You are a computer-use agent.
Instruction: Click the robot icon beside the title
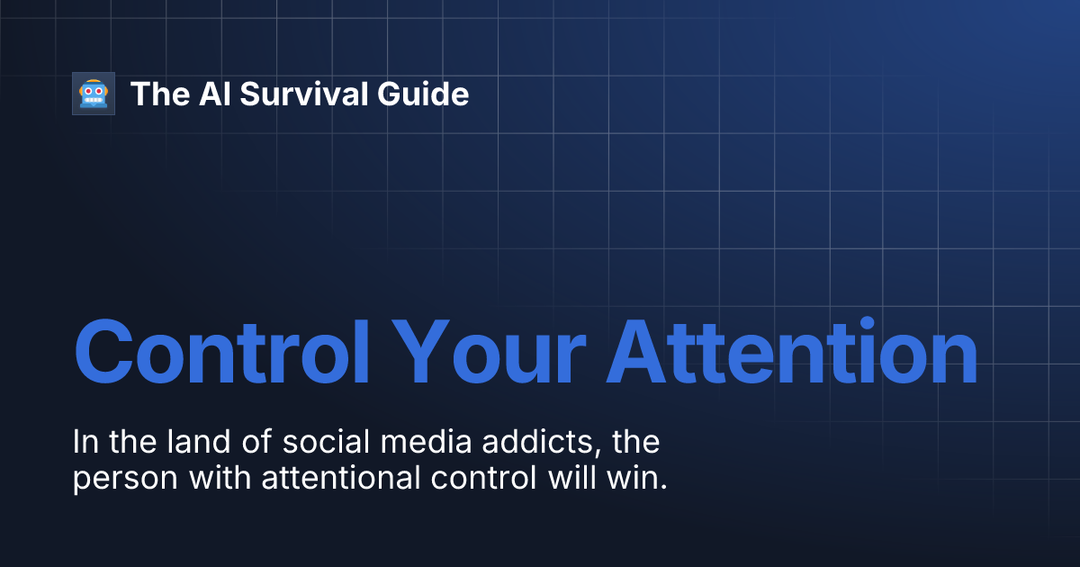pos(94,94)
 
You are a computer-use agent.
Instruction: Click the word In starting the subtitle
pos(84,443)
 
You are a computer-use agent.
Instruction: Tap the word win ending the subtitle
pos(639,478)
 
